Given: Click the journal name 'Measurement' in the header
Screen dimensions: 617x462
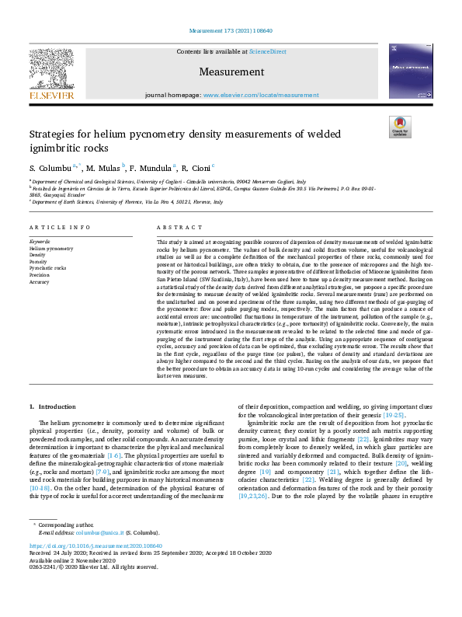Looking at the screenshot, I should click(231, 72).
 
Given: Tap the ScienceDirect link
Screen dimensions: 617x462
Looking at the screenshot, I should click(267, 51).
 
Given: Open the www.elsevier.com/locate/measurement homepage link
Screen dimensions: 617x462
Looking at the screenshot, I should click(261, 95).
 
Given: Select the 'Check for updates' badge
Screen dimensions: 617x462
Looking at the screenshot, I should click(401, 127).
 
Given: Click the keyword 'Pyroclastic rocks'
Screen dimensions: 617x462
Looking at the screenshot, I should click(47, 267).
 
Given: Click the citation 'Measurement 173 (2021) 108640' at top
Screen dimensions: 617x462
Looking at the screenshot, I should click(231, 32).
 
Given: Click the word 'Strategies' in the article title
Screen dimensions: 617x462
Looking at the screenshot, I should click(54, 134).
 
